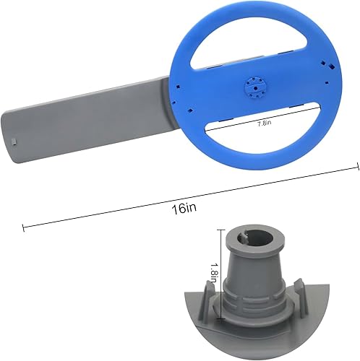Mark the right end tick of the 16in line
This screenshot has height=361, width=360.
356,167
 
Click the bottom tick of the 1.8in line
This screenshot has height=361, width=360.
219,303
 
